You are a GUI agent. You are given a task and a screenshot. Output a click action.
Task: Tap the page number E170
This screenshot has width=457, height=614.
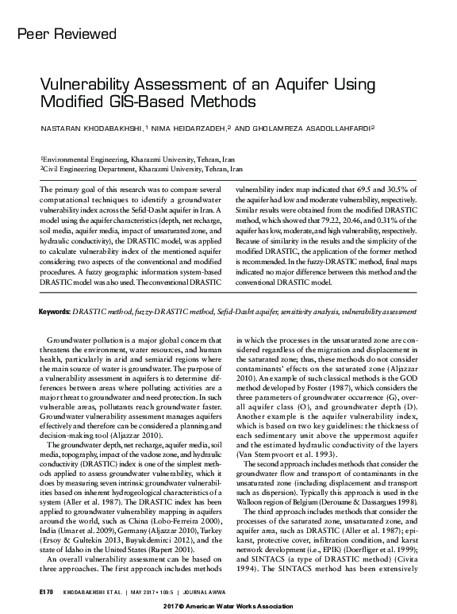click(44, 591)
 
